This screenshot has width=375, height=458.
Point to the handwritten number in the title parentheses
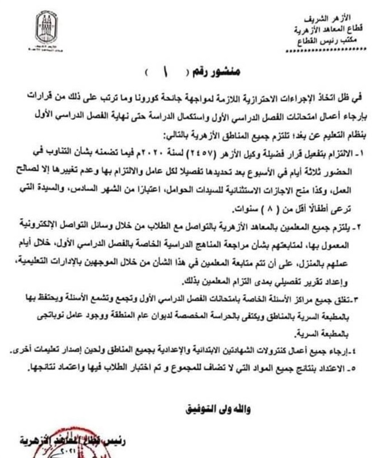click(156, 74)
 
